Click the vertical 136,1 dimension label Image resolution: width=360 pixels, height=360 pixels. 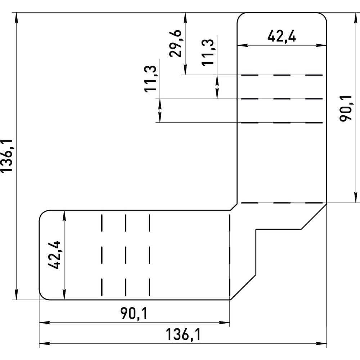click(x=6, y=156)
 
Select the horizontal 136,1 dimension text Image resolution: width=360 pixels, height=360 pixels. click(x=183, y=334)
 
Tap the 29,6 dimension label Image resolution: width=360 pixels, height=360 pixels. click(x=176, y=44)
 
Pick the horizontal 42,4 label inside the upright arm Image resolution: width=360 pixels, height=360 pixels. click(x=282, y=36)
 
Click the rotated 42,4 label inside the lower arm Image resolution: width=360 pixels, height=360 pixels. click(x=54, y=255)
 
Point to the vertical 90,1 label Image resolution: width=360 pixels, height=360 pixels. click(x=346, y=108)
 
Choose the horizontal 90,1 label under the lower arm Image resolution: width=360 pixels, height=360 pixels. click(x=134, y=314)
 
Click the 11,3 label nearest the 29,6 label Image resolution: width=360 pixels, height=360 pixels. click(x=208, y=52)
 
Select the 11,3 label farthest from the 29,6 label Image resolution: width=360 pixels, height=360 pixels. click(x=150, y=79)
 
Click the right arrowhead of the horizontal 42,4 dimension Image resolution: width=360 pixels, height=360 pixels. click(x=321, y=45)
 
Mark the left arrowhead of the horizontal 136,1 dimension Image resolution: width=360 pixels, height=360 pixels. click(x=45, y=344)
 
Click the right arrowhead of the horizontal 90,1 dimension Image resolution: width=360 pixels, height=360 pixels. click(x=224, y=323)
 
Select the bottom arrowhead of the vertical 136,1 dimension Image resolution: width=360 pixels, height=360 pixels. click(x=16, y=294)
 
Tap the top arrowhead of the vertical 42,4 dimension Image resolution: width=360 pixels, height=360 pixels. click(x=64, y=216)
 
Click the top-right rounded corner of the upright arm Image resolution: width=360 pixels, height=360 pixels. click(x=324, y=16)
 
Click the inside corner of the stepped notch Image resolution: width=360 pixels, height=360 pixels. click(x=256, y=229)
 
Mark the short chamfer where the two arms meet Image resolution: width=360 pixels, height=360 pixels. click(x=234, y=207)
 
